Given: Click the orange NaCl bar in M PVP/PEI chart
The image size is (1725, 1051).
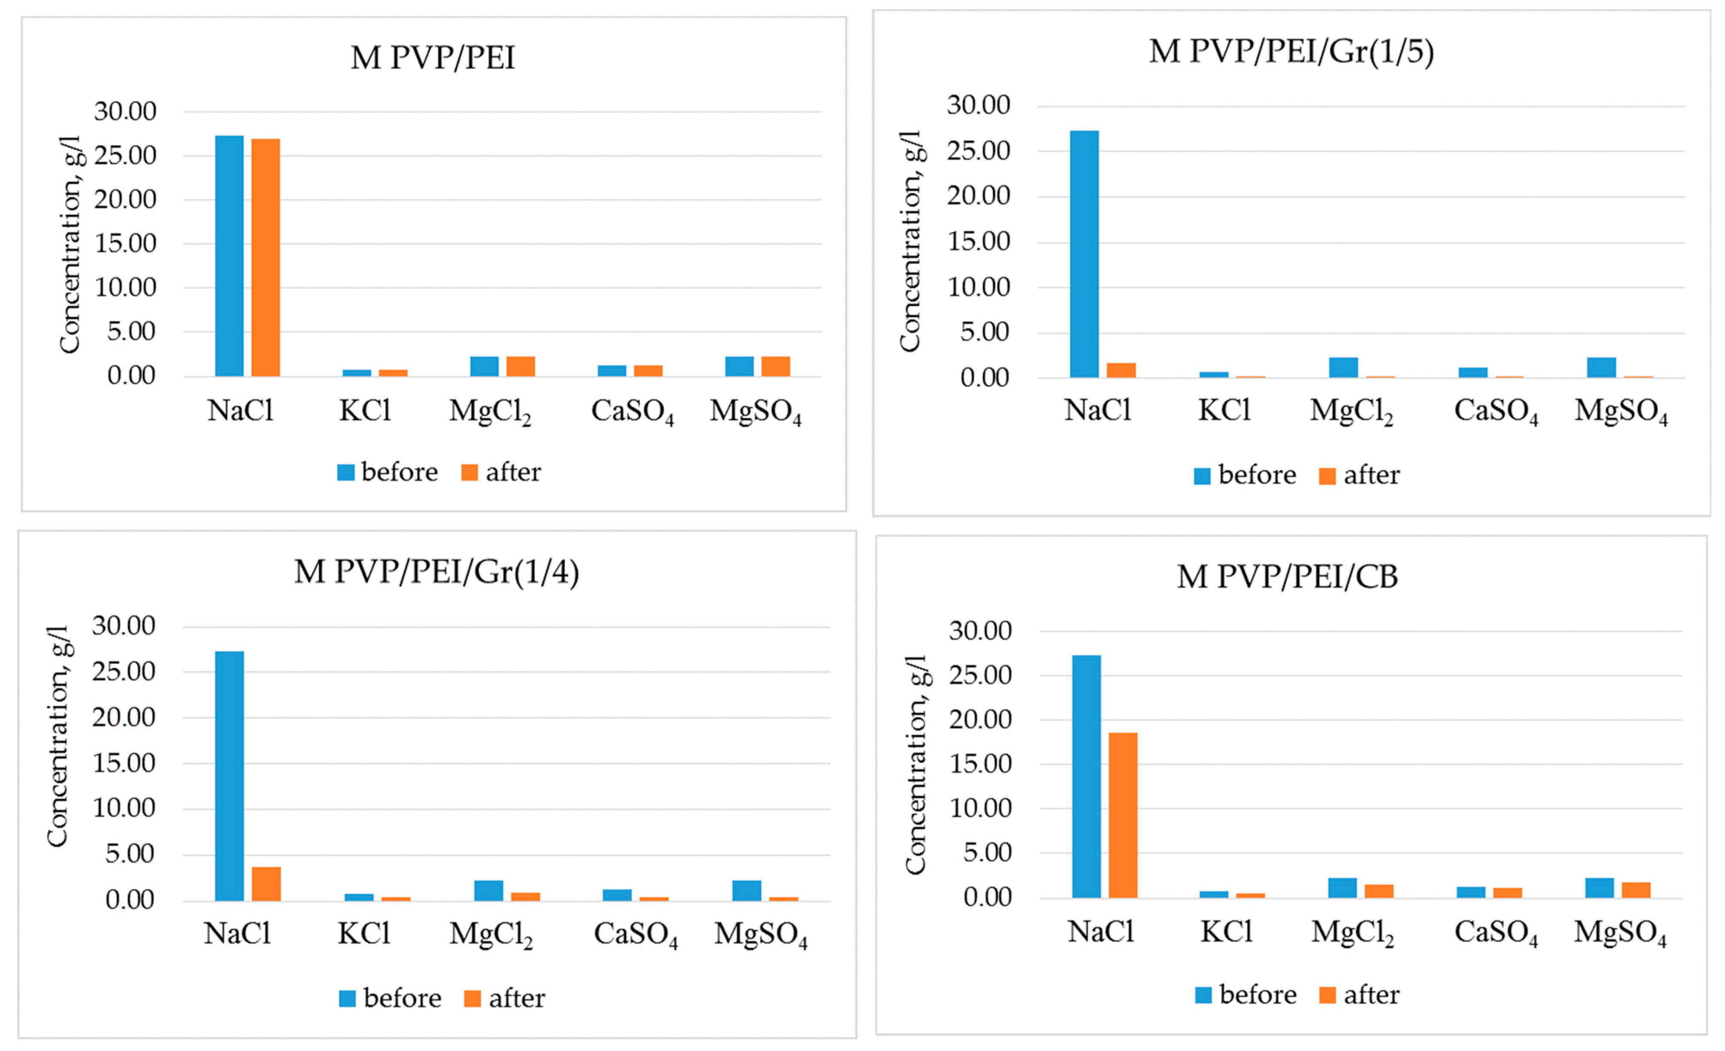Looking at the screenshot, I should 265,257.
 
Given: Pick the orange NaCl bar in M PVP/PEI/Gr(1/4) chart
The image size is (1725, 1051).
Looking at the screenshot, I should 266,884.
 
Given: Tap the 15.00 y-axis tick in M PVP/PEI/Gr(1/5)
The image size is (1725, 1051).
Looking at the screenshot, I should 978,242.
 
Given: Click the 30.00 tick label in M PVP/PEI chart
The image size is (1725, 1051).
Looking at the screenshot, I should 125,111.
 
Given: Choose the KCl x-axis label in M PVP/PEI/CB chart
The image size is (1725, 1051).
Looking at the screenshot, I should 1226,932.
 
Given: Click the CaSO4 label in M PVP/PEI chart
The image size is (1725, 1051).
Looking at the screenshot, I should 632,412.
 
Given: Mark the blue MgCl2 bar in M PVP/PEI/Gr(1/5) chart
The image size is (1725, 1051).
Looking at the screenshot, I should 1344,368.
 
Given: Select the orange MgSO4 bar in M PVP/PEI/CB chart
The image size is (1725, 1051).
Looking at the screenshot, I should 1636,890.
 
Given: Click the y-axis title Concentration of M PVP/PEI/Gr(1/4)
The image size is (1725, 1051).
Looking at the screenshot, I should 58,736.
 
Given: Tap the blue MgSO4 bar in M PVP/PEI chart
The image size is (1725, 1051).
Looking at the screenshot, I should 739,366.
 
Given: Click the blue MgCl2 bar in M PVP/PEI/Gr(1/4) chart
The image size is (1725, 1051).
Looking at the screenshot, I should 489,890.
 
